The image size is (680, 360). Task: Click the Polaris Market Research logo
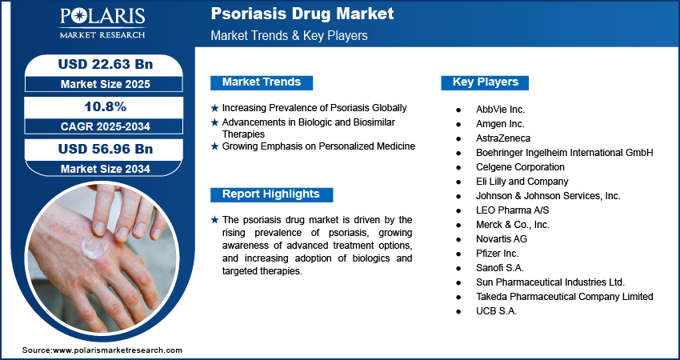pyautogui.click(x=102, y=23)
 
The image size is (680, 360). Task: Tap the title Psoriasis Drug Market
pyautogui.click(x=302, y=14)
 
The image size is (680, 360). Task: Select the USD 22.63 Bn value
pyautogui.click(x=106, y=64)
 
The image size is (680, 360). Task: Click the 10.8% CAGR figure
pyautogui.click(x=106, y=106)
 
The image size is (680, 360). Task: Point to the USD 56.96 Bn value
pyautogui.click(x=106, y=150)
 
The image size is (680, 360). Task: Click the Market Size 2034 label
pyautogui.click(x=106, y=169)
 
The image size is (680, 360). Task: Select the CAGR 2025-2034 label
pyautogui.click(x=106, y=126)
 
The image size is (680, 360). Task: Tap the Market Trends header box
pyautogui.click(x=262, y=82)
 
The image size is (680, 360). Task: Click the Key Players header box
pyautogui.click(x=485, y=82)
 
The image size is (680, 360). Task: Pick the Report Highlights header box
pyautogui.click(x=271, y=194)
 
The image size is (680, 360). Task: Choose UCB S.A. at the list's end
pyautogui.click(x=496, y=311)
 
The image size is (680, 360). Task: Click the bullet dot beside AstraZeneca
pyautogui.click(x=458, y=138)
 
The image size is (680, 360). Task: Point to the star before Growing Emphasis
pyautogui.click(x=214, y=146)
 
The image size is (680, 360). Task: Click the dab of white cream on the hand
pyautogui.click(x=94, y=248)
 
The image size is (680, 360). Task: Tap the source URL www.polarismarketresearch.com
pyautogui.click(x=118, y=350)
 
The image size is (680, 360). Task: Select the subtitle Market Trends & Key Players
pyautogui.click(x=289, y=35)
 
